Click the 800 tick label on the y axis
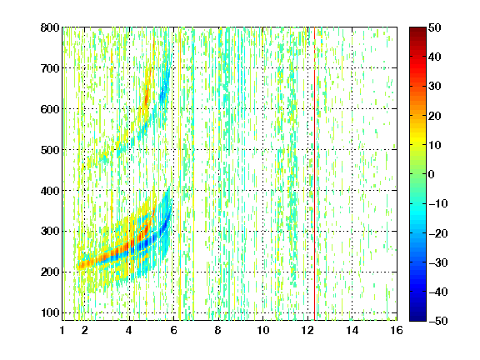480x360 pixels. point(50,27)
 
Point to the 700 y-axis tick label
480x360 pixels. point(50,68)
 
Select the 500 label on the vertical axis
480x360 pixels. point(50,150)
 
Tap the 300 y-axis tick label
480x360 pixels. point(50,232)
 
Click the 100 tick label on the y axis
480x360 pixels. point(50,312)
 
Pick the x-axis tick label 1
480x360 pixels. point(62,330)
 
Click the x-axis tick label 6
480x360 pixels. point(174,330)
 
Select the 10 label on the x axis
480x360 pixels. point(263,330)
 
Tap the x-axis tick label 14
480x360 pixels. point(352,330)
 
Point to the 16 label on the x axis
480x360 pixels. point(397,330)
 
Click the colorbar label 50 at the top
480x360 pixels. point(435,27)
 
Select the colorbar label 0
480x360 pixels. point(432,174)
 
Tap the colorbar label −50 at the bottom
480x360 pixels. point(438,321)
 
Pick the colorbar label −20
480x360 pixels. point(438,233)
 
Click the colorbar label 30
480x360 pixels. point(435,87)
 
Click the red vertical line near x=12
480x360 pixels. point(314,173)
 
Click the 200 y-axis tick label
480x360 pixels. point(50,272)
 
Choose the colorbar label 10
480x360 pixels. point(435,145)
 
